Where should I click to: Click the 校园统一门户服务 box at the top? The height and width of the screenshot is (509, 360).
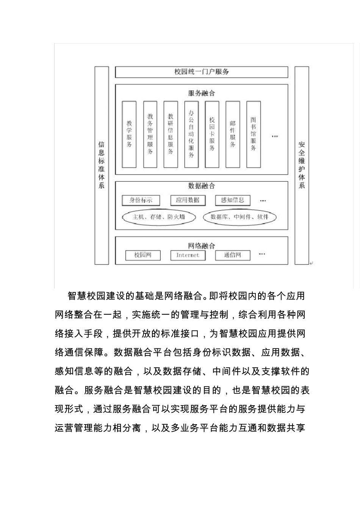point(201,72)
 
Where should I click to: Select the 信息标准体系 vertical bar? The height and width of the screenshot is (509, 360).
point(102,165)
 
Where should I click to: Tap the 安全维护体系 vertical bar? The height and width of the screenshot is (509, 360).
point(302,165)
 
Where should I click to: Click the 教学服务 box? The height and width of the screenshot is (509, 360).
point(129,134)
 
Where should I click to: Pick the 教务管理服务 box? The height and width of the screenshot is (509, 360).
point(150,134)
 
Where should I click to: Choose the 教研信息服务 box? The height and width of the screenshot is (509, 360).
point(171,134)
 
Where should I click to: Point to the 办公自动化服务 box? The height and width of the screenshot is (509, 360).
point(191,134)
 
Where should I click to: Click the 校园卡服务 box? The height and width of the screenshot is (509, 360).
point(212,134)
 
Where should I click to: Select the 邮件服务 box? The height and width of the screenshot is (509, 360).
point(233,134)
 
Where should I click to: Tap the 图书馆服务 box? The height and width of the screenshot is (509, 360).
point(254,134)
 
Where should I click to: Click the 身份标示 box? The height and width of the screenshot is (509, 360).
point(141,200)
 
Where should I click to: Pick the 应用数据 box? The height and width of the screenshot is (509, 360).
point(188,200)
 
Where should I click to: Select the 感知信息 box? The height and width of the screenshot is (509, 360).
point(233,200)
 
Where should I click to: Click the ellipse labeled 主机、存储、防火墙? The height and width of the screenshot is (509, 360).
point(159,217)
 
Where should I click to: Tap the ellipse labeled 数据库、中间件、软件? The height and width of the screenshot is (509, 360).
point(239,217)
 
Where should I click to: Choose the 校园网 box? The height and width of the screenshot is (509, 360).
point(143,255)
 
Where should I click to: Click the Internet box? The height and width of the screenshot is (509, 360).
point(188,255)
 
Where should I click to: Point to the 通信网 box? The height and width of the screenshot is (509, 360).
point(233,255)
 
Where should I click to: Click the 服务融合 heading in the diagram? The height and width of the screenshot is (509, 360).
point(201,93)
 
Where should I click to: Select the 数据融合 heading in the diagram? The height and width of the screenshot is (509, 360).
point(201,186)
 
